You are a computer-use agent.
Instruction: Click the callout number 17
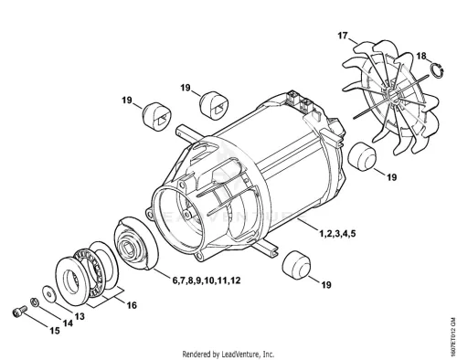[343, 36]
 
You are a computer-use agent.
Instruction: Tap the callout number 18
[421, 56]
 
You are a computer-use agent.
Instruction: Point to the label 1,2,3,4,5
[337, 234]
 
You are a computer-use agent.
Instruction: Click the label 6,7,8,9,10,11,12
[207, 281]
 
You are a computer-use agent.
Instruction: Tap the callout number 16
[132, 305]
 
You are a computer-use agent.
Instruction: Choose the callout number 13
[80, 317]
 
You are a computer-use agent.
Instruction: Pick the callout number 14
[68, 323]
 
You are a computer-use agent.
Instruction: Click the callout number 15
[55, 331]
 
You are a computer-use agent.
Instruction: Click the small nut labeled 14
[34, 302]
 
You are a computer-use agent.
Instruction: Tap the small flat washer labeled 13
[49, 294]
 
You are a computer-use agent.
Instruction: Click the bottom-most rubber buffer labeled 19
[296, 265]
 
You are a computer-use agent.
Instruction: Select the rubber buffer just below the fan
[362, 156]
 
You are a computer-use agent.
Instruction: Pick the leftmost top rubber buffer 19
[157, 117]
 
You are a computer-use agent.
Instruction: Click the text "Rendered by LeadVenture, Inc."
[228, 355]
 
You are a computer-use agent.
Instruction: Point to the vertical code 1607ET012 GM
[452, 336]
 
